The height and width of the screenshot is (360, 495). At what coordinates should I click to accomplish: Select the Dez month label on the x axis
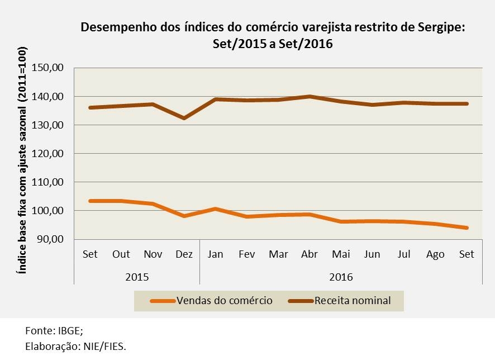[184, 254]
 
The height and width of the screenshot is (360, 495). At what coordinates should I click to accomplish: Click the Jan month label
[216, 254]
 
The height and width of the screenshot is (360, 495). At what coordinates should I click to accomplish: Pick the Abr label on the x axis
[310, 254]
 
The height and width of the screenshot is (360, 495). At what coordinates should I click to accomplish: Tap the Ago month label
[435, 254]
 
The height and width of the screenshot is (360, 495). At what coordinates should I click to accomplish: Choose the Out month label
[121, 254]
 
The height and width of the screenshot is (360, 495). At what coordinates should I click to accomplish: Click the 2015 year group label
[137, 276]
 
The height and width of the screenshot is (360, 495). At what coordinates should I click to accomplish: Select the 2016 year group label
[341, 276]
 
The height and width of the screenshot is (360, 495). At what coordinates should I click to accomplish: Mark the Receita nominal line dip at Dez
[184, 118]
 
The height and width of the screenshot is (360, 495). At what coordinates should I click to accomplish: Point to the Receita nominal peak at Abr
[310, 96]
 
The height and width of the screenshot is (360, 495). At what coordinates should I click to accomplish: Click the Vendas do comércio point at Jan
[216, 209]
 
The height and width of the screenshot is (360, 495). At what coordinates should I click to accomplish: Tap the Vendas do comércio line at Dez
[184, 216]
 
